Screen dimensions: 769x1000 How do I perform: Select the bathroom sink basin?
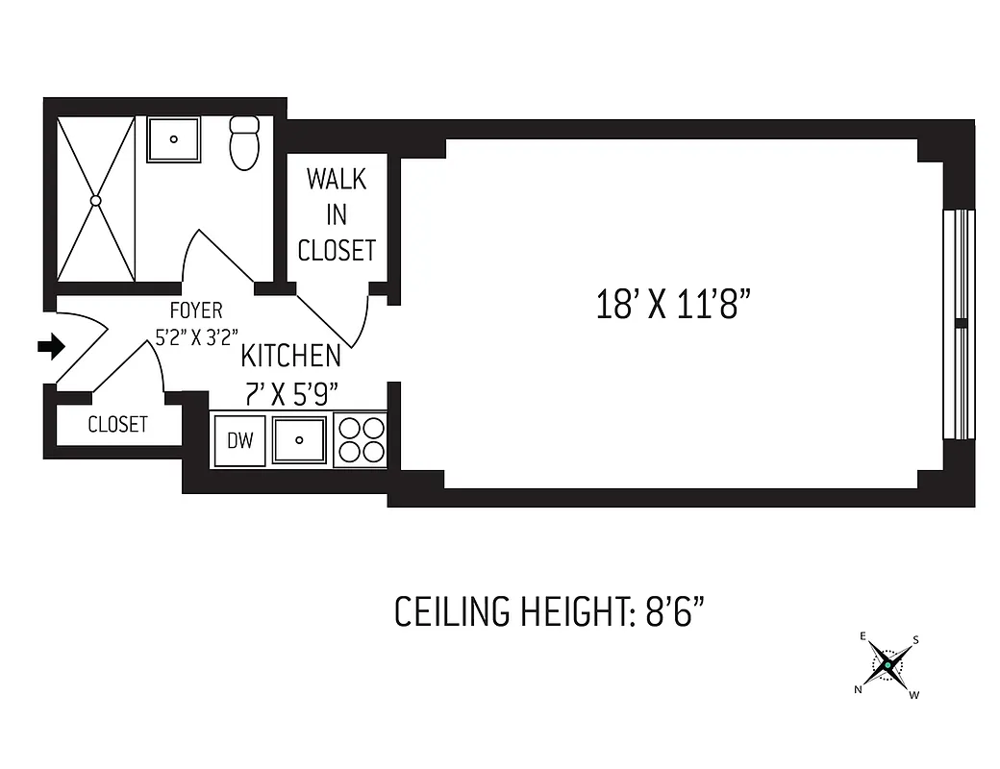[x=174, y=139]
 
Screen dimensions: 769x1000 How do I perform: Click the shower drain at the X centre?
[x=95, y=200]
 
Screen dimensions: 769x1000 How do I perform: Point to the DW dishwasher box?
[x=239, y=440]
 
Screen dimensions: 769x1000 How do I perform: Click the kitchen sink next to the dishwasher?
[x=300, y=439]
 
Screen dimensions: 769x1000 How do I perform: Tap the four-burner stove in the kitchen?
[x=360, y=439]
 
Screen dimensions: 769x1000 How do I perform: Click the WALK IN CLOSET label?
[x=337, y=215]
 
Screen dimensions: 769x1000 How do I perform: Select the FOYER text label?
[x=195, y=310]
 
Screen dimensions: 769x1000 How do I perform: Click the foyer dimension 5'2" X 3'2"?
[x=196, y=337]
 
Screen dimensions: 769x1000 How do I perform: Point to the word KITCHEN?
[x=290, y=356]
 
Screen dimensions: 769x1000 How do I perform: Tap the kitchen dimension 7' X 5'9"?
[x=290, y=394]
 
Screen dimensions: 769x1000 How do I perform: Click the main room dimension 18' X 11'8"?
[x=672, y=305]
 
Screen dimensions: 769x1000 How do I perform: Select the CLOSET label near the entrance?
[x=118, y=424]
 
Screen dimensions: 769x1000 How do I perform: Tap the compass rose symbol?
[x=888, y=664]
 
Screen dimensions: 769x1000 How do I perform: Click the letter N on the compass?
[x=859, y=689]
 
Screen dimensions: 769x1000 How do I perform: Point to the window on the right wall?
[x=959, y=322]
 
